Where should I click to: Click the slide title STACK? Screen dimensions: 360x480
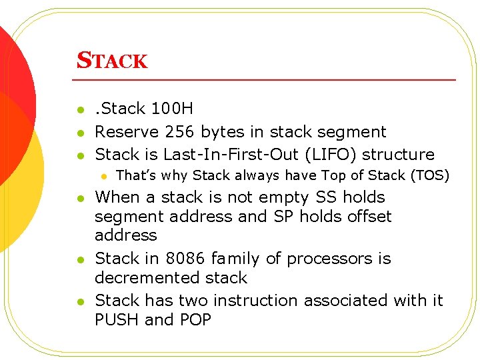point(112,61)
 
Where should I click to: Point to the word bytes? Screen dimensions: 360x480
point(222,132)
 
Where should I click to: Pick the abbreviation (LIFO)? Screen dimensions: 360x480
point(337,155)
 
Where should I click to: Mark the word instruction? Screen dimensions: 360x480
point(257,301)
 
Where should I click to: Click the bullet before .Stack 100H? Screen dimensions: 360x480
point(80,109)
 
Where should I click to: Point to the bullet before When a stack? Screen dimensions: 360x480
point(80,198)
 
